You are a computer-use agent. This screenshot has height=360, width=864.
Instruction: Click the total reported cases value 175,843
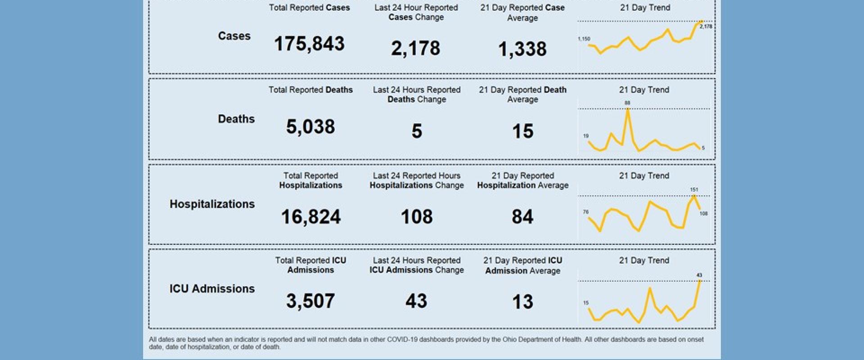click(309, 44)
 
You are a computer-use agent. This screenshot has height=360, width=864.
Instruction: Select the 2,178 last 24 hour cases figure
click(415, 48)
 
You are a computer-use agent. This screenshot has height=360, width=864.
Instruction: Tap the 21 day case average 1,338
click(522, 49)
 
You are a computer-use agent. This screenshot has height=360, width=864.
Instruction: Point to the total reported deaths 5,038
click(310, 126)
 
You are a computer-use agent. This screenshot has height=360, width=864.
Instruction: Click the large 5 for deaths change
click(417, 131)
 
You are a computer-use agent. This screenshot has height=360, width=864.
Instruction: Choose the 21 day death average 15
click(522, 131)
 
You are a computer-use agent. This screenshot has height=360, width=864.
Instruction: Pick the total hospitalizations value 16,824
click(310, 217)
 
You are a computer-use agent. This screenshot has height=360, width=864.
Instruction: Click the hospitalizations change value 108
click(417, 216)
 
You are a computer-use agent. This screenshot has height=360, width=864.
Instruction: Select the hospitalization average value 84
click(522, 217)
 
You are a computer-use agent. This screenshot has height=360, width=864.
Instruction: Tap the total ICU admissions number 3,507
click(310, 301)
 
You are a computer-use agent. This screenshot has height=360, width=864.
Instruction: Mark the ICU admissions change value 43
click(416, 301)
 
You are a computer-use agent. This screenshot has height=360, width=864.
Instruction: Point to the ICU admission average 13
click(522, 301)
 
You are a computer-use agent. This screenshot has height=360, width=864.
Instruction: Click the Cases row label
click(234, 36)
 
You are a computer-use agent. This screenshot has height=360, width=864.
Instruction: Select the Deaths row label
click(236, 119)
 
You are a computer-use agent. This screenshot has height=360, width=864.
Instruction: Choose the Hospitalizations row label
click(212, 204)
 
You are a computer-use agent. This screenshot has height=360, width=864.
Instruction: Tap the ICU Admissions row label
click(212, 288)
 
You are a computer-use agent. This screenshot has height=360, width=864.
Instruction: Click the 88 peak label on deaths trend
click(627, 103)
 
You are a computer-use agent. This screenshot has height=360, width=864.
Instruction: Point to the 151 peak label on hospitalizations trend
click(694, 189)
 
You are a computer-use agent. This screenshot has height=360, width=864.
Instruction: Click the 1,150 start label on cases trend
click(584, 39)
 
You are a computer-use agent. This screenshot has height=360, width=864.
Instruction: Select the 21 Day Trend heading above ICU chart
click(644, 260)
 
